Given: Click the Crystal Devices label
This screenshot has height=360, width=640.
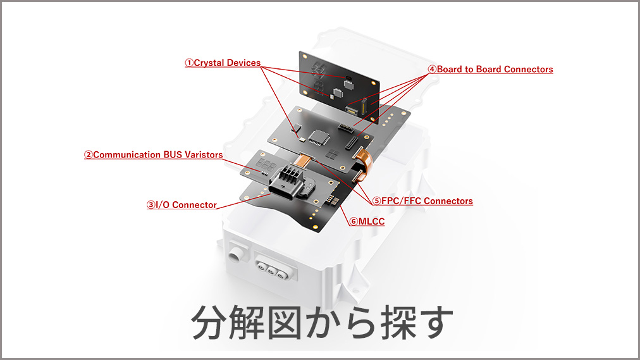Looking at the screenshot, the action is pos(223,63).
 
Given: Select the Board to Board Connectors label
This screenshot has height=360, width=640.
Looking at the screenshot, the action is pos(490,70).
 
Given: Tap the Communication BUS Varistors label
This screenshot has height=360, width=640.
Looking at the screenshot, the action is pos(154,155).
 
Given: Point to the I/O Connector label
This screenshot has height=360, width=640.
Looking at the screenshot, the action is pos(182,205).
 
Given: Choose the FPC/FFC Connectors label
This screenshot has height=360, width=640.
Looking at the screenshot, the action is pos(422,201).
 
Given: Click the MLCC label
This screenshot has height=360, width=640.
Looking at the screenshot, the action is pos(367,221).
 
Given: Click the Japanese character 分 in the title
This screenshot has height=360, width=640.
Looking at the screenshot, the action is pos(208,323).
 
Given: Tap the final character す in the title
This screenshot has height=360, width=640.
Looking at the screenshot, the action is pos(436,323).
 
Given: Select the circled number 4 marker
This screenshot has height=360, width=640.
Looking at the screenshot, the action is pos(432,70).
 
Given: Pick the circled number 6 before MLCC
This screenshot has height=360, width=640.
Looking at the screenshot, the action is pos(354,221).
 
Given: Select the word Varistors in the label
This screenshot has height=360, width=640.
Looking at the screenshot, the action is pos(204,155).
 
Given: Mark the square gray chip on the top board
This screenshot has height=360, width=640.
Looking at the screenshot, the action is pos(349,85).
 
